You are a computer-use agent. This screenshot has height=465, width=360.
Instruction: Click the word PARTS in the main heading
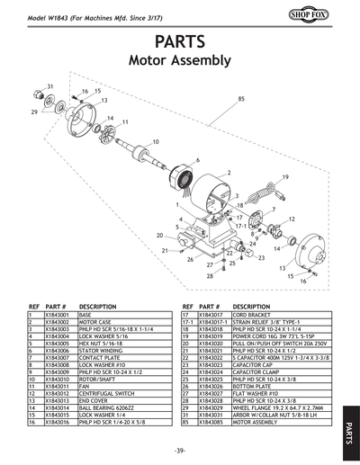click(180, 42)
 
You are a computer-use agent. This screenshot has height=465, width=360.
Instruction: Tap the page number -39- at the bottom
click(181, 450)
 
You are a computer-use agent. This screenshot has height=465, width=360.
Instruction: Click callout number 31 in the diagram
click(50, 85)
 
